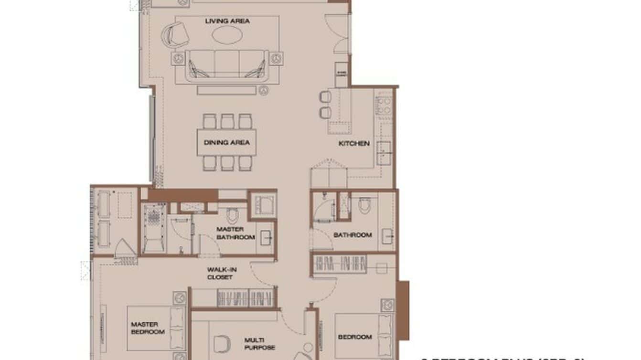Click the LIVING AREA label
pos(227,21)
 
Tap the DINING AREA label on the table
pos(226,142)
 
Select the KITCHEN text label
pos(354,143)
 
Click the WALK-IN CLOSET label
pos(222,273)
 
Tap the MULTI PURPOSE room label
pos(259,344)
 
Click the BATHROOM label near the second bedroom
pos(353,235)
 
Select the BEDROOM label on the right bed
pos(355,337)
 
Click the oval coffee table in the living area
pos(227,34)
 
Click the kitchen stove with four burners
pos(384,106)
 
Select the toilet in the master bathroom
pos(233,216)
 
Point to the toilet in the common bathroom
pos(364,205)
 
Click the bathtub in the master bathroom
pos(154,228)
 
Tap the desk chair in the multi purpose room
pos(221,343)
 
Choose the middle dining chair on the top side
pos(227,121)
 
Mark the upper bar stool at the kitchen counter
pos(325,97)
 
